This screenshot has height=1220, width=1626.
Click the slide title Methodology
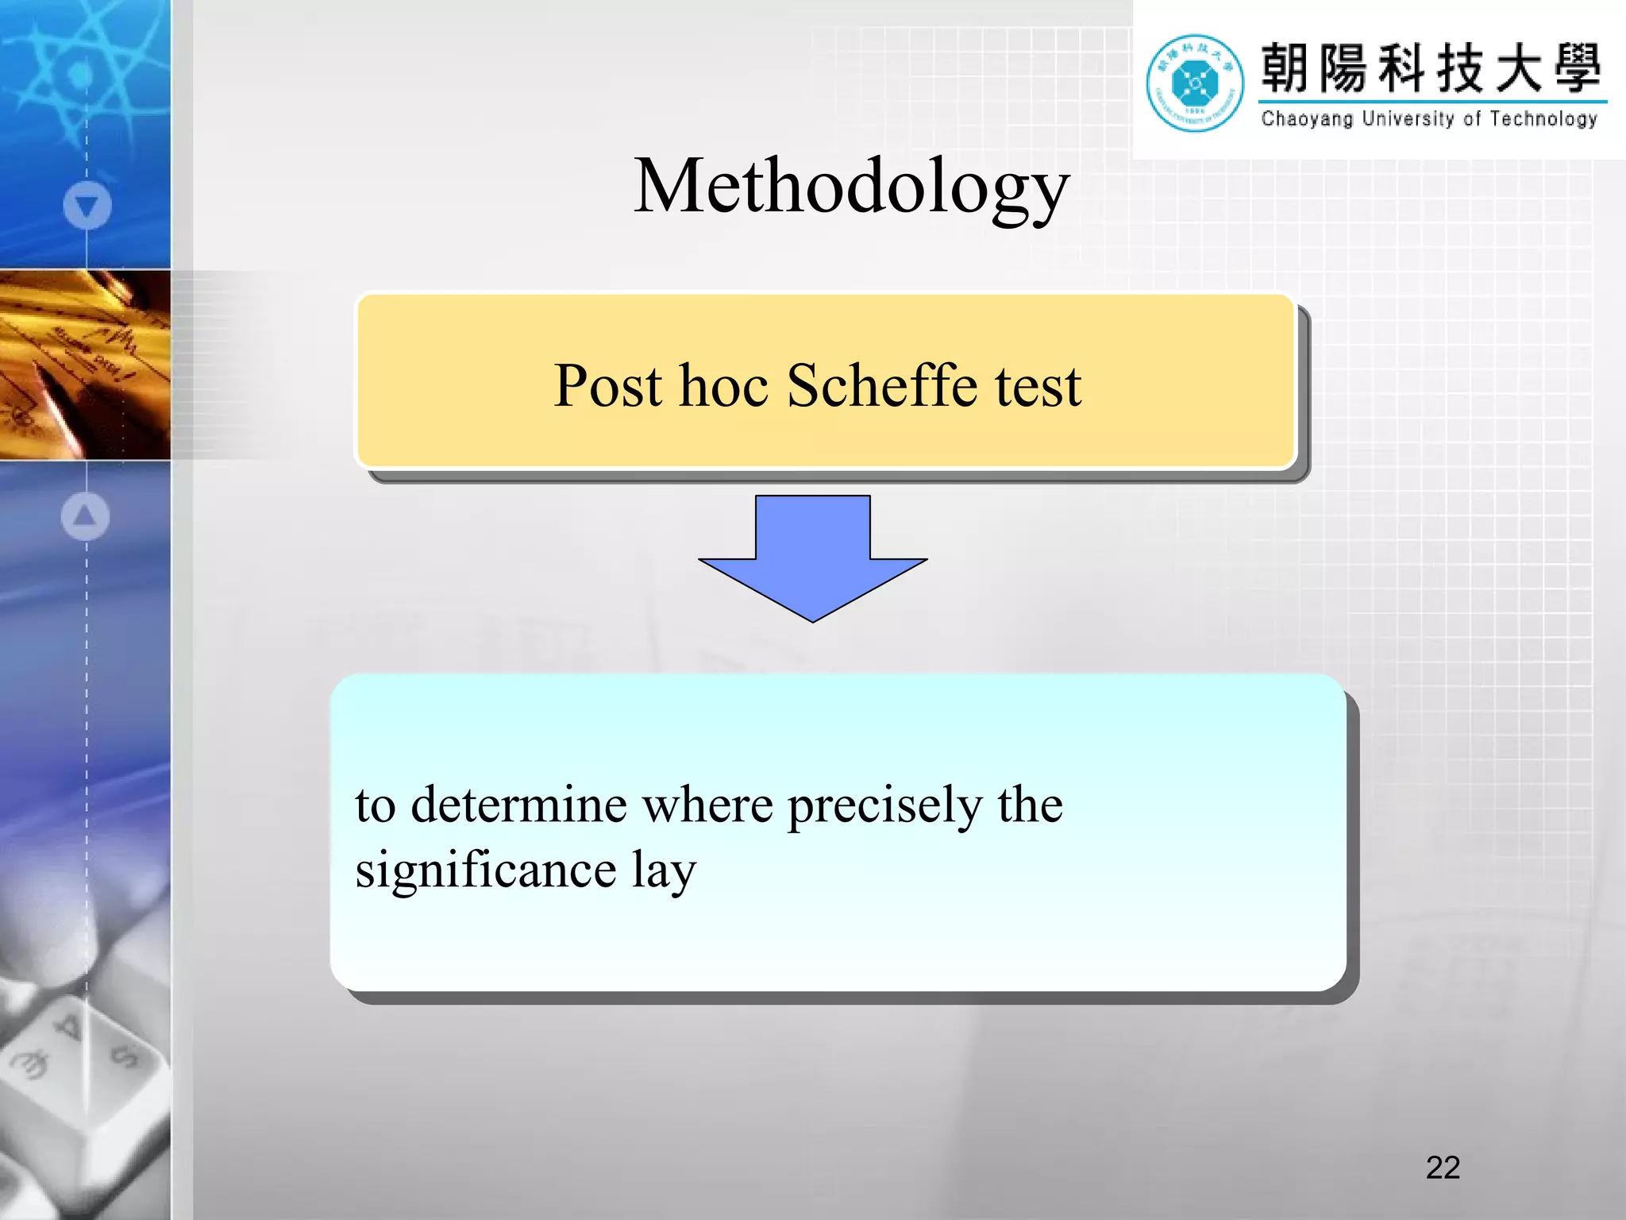851,187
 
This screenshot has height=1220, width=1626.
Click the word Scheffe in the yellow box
881,386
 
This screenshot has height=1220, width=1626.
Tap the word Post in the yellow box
607,386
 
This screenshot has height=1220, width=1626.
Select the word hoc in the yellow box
724,386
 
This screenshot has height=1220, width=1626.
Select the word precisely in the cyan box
884,806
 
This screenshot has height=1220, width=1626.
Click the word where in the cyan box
707,805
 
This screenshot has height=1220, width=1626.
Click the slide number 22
1443,1168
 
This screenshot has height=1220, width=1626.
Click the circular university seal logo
1194,83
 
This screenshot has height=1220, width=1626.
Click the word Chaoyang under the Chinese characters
1306,119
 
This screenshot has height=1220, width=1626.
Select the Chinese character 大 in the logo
1517,68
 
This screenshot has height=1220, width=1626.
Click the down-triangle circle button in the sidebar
87,206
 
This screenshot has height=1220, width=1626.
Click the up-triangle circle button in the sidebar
85,516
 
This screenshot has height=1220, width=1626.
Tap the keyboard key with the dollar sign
125,1056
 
